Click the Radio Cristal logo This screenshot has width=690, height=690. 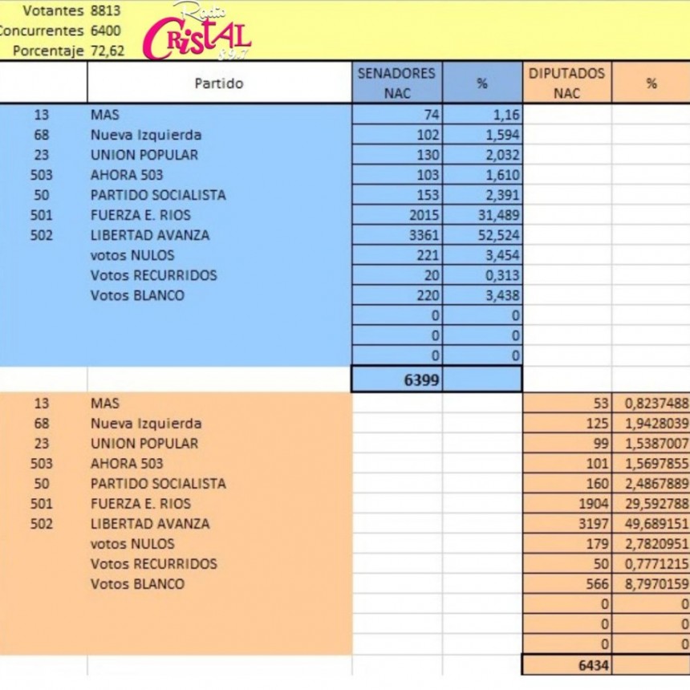point(197,33)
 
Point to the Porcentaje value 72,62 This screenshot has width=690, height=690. point(108,51)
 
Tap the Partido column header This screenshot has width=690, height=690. point(218,83)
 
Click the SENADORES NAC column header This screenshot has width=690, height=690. point(397,83)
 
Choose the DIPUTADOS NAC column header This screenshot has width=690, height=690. point(566,83)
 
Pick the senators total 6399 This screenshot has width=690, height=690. point(421,379)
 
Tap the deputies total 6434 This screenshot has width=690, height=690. point(592,665)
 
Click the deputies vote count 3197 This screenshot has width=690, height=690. point(592,524)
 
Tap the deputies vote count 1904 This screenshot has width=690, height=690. point(592,504)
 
